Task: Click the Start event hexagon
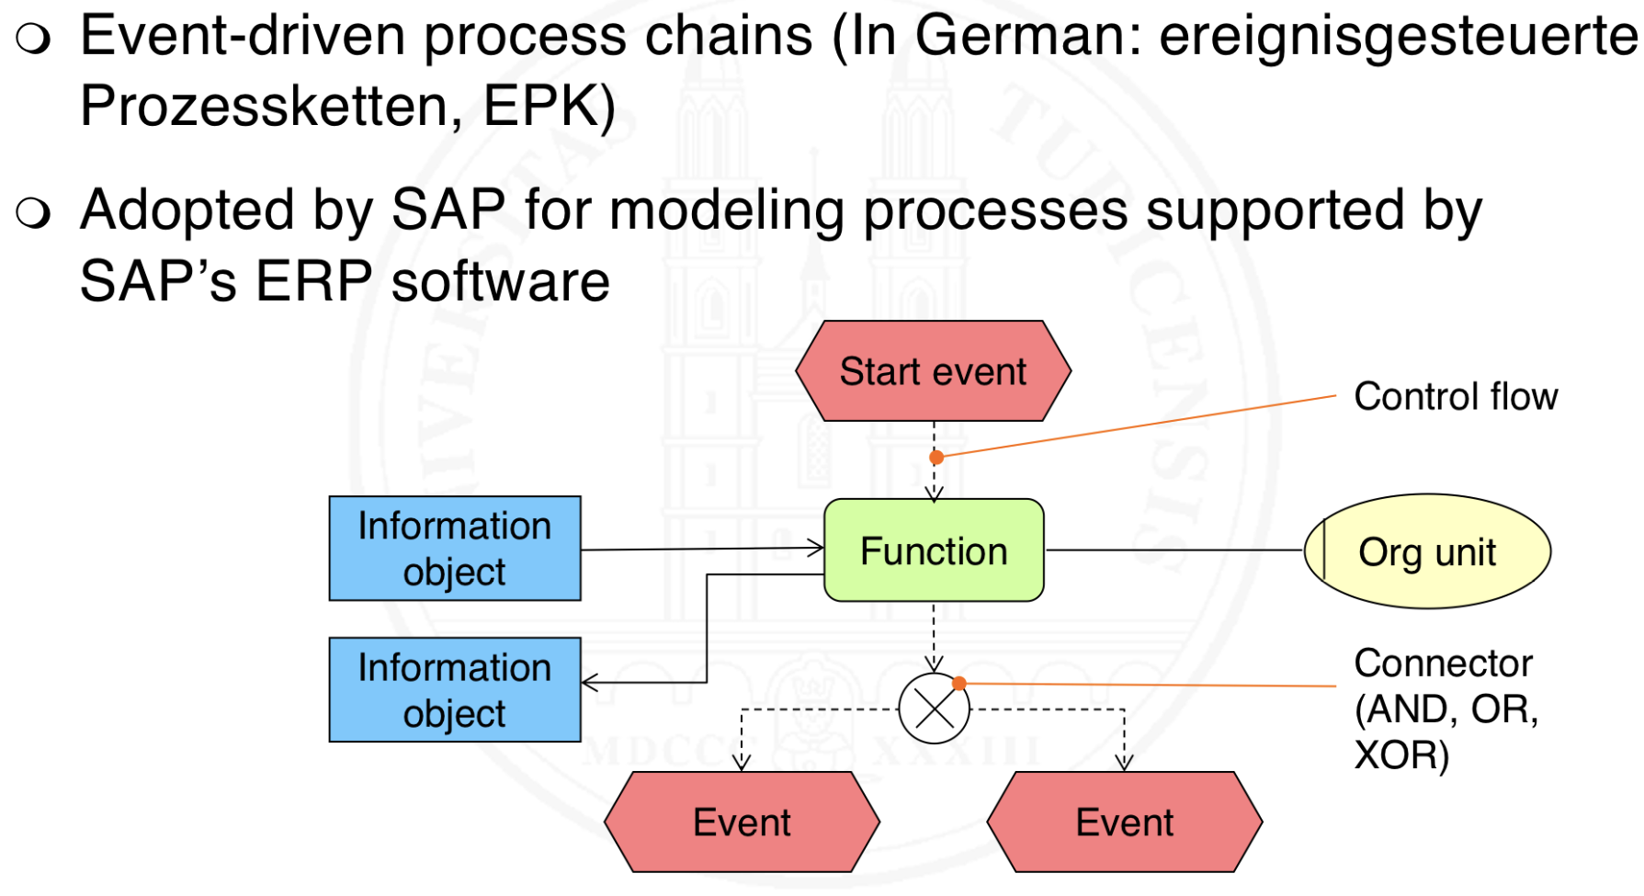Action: point(933,371)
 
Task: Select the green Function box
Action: point(934,550)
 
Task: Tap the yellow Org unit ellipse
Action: point(1427,551)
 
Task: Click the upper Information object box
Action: point(455,549)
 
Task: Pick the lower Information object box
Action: point(455,690)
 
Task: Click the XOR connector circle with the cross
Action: point(934,709)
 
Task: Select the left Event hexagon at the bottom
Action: point(742,822)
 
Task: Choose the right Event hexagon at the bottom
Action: point(1124,822)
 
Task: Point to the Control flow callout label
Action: point(1456,397)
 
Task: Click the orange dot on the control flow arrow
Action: point(936,457)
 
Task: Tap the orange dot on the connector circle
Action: point(959,683)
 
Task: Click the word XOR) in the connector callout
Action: point(1401,755)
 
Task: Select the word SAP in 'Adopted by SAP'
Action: point(448,210)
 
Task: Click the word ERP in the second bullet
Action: point(313,281)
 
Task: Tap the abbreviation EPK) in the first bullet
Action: point(550,107)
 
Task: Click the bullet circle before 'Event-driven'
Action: point(33,39)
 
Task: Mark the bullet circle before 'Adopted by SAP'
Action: point(33,212)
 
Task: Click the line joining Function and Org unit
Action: point(1173,550)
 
